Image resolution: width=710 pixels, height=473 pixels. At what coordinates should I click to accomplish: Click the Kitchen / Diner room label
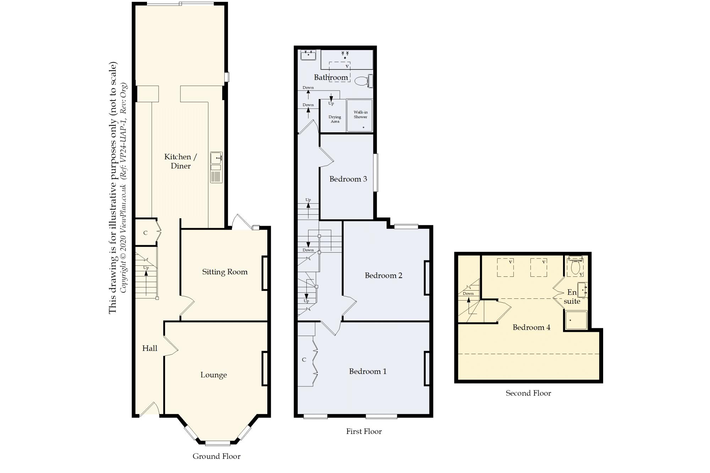(x=180, y=161)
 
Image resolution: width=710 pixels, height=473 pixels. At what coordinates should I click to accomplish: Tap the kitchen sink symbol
(x=216, y=167)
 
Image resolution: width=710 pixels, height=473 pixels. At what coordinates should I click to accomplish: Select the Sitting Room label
(x=225, y=272)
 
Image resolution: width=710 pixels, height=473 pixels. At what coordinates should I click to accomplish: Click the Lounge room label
(x=213, y=375)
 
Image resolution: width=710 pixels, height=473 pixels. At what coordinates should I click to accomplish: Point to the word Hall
(x=150, y=348)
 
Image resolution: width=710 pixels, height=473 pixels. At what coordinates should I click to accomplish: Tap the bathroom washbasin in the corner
(x=308, y=55)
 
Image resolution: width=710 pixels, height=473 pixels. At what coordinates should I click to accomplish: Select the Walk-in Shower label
(x=360, y=115)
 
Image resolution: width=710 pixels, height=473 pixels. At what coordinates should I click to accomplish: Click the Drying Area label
(x=335, y=119)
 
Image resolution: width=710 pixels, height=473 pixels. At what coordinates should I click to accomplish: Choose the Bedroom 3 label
(x=348, y=179)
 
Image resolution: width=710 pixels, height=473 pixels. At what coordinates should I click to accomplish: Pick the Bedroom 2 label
(x=384, y=275)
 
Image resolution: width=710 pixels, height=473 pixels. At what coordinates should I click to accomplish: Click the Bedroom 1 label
(x=368, y=371)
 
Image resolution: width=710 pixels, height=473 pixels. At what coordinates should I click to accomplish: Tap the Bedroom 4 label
(x=531, y=327)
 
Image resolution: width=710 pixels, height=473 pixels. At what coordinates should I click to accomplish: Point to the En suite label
(x=572, y=297)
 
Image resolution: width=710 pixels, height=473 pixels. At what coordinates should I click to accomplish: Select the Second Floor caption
(x=528, y=393)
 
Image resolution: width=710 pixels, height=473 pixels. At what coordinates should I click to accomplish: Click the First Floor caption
(x=364, y=431)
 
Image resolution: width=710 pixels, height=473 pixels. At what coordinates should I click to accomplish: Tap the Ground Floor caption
(x=217, y=456)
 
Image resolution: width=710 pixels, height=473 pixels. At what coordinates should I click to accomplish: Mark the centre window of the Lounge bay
(x=218, y=443)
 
